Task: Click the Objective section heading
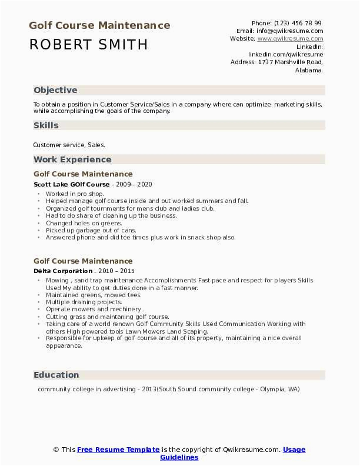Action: pos(55,90)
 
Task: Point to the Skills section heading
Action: pos(46,125)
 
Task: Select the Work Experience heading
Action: pos(72,159)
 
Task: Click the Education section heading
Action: pos(56,375)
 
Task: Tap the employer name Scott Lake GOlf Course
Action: pos(72,184)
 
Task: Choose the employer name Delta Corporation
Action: pos(63,271)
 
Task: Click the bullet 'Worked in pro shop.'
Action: pos(75,194)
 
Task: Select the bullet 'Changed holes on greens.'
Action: pos(84,223)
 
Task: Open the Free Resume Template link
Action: pos(118,450)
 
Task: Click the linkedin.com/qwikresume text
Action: pos(285,54)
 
